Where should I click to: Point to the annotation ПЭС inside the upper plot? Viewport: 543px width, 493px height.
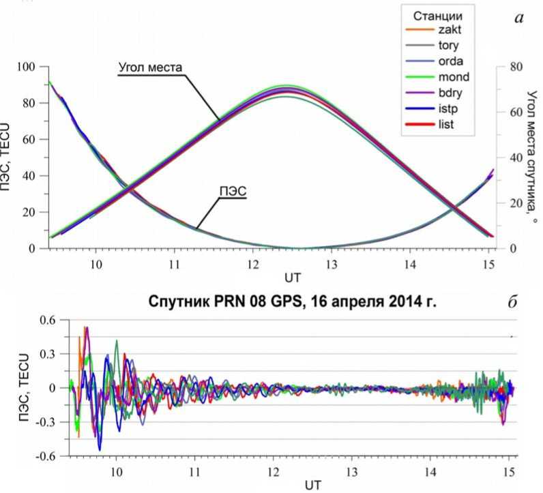point(232,191)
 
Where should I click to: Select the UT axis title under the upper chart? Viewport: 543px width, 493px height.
point(293,278)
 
